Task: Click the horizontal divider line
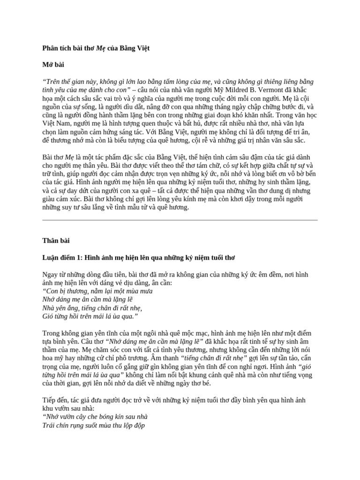[180, 220]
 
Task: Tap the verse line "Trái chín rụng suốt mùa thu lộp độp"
[93, 426]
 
